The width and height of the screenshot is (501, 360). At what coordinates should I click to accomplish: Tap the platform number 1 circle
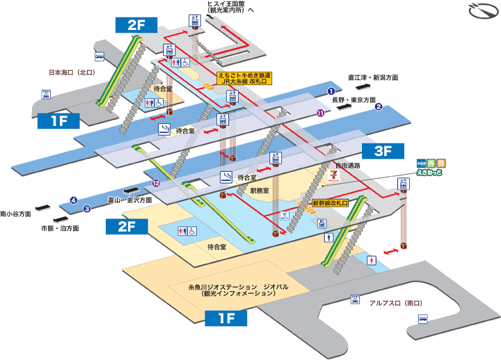[x=331, y=91]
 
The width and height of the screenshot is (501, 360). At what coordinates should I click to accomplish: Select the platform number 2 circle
[x=379, y=107]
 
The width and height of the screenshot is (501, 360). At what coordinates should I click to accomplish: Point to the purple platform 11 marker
[x=320, y=113]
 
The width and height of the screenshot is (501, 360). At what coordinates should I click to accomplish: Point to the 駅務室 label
[x=260, y=189]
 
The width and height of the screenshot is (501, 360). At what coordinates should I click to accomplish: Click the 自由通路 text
[x=348, y=166]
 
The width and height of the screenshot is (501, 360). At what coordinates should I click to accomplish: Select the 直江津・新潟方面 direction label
[x=374, y=77]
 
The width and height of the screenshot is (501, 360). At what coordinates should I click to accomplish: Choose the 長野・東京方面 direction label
[x=353, y=100]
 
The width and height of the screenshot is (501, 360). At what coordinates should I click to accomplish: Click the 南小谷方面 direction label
[x=16, y=214]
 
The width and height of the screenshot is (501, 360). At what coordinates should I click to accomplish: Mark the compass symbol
[x=479, y=12]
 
